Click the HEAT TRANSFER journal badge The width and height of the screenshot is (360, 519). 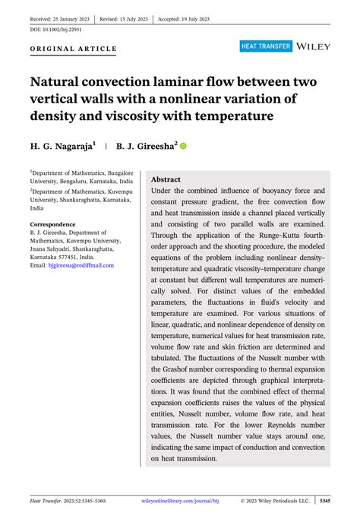coord(266,47)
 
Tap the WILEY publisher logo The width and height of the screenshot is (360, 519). coord(313,47)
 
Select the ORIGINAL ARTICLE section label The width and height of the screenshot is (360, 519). coord(73,49)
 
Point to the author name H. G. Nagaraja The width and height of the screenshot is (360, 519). coord(62,144)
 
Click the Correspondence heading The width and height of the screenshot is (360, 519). coord(52,224)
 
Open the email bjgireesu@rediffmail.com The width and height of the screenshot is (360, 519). coord(71,265)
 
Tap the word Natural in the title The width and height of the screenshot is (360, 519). coord(62,81)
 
